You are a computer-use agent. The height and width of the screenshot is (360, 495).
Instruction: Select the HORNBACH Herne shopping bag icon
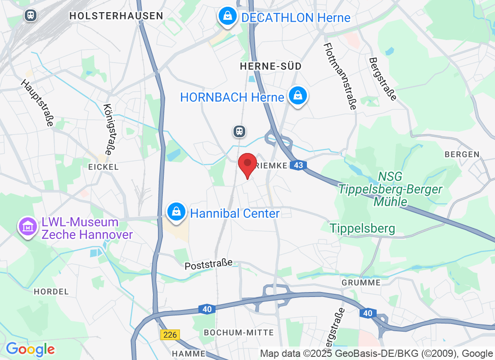click(297, 96)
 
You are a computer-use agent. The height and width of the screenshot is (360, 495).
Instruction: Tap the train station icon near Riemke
click(239, 131)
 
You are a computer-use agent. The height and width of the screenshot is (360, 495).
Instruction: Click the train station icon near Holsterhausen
click(30, 15)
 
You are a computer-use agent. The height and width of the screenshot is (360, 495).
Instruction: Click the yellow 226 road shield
click(170, 335)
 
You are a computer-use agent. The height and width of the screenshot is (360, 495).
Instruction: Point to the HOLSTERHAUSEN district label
click(116, 16)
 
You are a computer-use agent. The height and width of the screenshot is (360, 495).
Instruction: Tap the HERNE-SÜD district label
click(270, 66)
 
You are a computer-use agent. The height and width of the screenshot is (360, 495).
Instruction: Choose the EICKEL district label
click(103, 167)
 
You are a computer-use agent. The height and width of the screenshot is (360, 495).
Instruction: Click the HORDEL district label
click(51, 292)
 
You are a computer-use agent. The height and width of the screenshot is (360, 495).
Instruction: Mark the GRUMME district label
click(361, 283)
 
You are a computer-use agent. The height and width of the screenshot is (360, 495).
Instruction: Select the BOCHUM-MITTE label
click(238, 333)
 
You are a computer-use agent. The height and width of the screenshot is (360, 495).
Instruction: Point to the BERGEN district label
click(462, 154)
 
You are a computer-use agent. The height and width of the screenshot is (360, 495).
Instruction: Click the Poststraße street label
click(208, 265)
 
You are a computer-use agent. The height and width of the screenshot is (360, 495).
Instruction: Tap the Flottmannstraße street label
click(340, 76)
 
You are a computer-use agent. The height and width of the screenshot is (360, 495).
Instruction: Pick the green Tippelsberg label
click(362, 229)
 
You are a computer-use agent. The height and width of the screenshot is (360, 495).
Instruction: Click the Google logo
click(30, 349)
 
